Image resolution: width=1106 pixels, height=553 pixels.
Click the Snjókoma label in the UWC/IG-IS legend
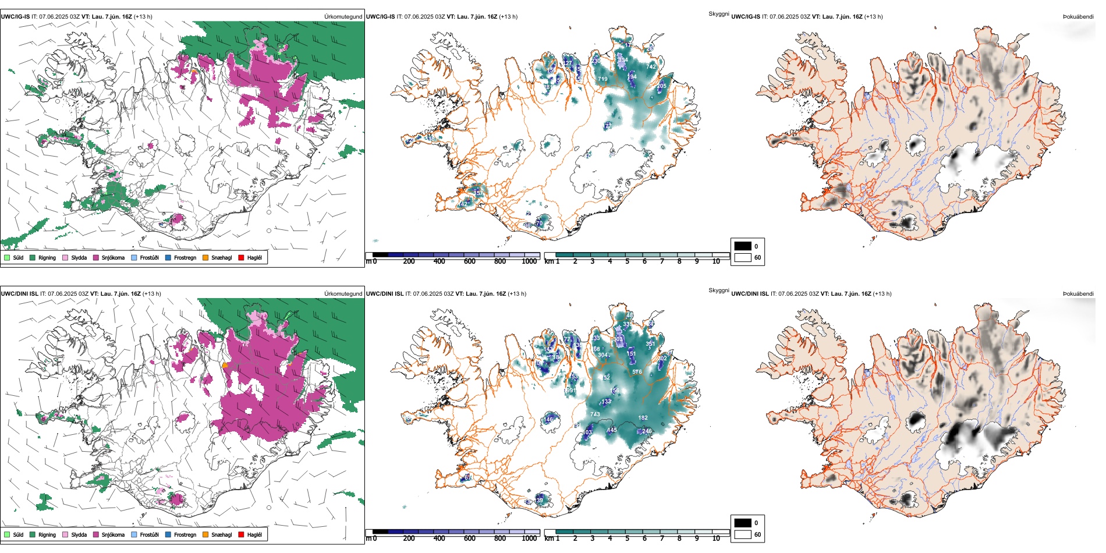(113, 258)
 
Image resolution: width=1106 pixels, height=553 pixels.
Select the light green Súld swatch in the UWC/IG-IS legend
(7, 258)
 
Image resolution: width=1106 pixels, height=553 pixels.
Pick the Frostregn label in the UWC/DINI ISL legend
(185, 534)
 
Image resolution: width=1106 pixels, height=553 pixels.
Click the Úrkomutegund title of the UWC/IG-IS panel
(343, 17)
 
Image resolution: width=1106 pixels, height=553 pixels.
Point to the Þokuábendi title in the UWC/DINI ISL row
(1078, 294)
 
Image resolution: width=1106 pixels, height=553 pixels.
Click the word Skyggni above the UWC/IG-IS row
(718, 14)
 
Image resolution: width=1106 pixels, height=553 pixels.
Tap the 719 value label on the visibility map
(602, 79)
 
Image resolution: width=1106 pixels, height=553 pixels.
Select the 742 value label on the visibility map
(651, 67)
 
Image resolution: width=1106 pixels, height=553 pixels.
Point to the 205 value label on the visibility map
(662, 86)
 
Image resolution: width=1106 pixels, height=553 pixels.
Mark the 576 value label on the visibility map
(637, 372)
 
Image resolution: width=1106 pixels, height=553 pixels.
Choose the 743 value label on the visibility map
(595, 414)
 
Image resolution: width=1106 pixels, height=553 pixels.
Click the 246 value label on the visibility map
(647, 431)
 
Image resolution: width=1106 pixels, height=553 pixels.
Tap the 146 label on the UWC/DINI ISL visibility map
(548, 420)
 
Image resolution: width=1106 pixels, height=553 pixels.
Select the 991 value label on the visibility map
(571, 391)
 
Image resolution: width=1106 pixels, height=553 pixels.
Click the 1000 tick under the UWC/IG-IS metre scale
(529, 261)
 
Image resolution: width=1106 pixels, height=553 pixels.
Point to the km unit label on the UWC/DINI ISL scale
(548, 538)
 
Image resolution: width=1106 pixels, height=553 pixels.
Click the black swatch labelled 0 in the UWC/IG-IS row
(743, 246)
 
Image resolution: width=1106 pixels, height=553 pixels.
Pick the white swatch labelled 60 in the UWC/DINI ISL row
(743, 534)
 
